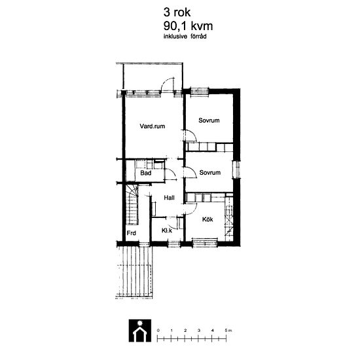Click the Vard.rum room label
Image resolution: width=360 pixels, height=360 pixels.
tap(153, 126)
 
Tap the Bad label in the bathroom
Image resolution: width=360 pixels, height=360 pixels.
tap(146, 173)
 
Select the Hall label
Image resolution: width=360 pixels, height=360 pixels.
tap(170, 198)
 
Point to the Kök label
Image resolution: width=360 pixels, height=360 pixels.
tap(207, 219)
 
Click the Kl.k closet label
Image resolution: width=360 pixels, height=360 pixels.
tap(167, 230)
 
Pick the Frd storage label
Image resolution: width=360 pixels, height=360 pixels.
tap(132, 233)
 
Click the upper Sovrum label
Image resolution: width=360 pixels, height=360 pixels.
tap(209, 120)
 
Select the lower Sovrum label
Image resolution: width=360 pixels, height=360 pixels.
tap(210, 172)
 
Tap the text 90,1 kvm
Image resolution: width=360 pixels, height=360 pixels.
tap(188, 26)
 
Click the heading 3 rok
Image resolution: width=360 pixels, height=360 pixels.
tap(177, 12)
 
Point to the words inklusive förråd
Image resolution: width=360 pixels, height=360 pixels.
tap(185, 36)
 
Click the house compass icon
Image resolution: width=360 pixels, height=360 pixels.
tap(140, 331)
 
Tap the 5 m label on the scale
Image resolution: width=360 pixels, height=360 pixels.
tap(228, 331)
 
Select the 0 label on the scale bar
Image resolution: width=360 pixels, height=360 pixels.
tap(158, 331)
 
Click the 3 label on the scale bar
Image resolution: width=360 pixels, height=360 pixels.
tap(199, 331)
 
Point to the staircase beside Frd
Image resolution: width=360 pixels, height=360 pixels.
tap(132, 204)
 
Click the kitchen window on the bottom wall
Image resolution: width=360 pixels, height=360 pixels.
tap(205, 242)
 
